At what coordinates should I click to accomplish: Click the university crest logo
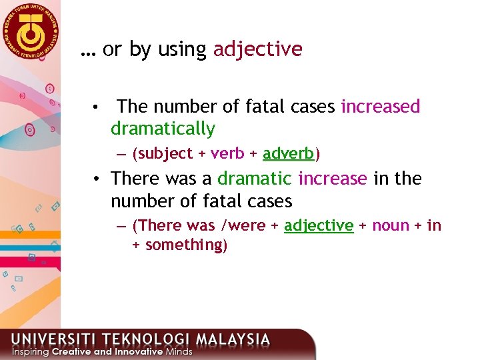pyautogui.click(x=30, y=31)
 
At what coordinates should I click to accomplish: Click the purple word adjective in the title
pyautogui.click(x=257, y=49)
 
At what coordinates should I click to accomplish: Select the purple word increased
pyautogui.click(x=381, y=107)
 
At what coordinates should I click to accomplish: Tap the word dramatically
pyautogui.click(x=163, y=129)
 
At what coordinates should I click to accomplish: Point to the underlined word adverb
pyautogui.click(x=288, y=154)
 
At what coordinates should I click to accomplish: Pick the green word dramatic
pyautogui.click(x=255, y=179)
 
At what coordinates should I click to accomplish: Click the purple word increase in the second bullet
pyautogui.click(x=333, y=179)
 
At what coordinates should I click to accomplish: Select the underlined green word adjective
pyautogui.click(x=319, y=226)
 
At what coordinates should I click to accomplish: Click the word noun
pyautogui.click(x=391, y=226)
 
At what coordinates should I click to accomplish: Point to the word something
pyautogui.click(x=184, y=245)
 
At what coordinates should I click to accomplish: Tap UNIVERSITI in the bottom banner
pyautogui.click(x=46, y=339)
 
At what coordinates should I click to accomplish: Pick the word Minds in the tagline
pyautogui.click(x=178, y=351)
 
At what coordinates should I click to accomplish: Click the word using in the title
pyautogui.click(x=181, y=50)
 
